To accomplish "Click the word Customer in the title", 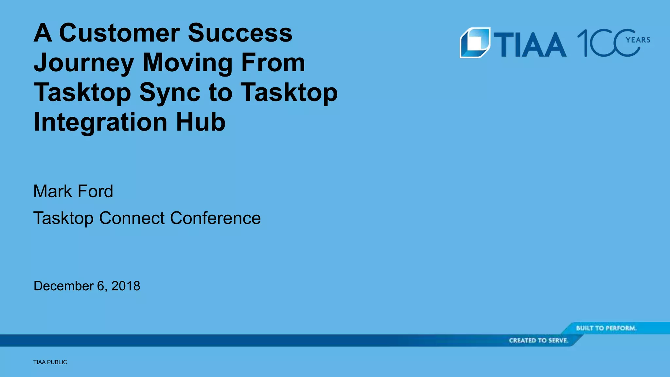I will coord(119,33).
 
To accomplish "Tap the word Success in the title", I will coord(240,33).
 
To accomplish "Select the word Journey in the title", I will coord(84,63).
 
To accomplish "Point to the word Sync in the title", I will coord(169,92).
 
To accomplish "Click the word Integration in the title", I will coord(100,122).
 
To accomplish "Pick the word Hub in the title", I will coord(201,122).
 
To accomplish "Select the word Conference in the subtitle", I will coord(215,218).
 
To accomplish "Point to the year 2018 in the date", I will coord(126,286).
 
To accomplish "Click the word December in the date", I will coord(63,286).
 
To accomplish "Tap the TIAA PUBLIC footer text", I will coord(50,362).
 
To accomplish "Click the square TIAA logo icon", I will coord(475,43).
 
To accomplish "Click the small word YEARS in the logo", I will coord(638,40).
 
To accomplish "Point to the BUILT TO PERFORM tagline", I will coord(606,328).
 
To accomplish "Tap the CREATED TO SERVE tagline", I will coord(538,340).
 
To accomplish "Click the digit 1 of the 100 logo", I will coord(583,43).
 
